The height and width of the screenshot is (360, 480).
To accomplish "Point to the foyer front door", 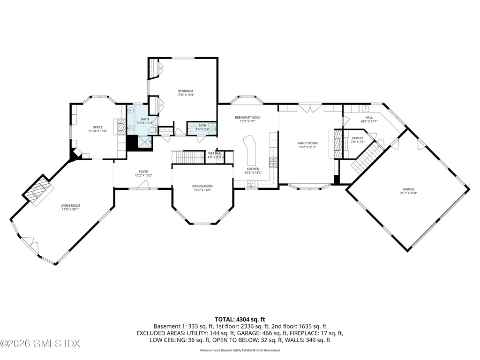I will click(143, 188).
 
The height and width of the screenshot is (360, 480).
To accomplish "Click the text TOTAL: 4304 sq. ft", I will click(240, 319).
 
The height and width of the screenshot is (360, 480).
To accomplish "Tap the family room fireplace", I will click(337, 145).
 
